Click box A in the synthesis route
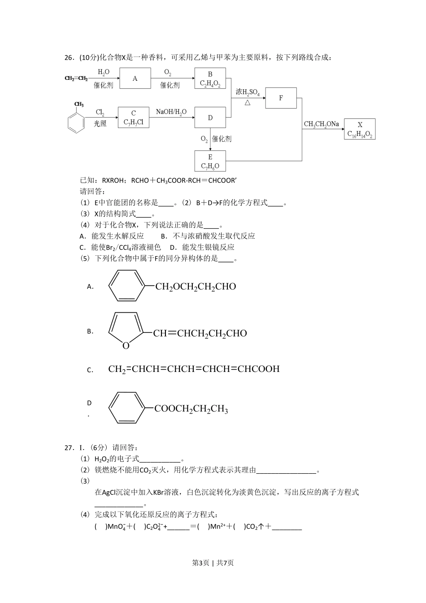tap(135, 79)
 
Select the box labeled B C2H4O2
tap(210, 79)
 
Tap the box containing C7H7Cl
tap(134, 118)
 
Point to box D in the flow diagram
tap(210, 118)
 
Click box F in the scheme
tap(281, 98)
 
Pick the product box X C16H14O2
tap(360, 129)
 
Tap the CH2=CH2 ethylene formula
tap(76, 79)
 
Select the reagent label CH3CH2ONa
tap(321, 124)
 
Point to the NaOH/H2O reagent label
tap(171, 112)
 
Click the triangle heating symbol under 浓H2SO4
tap(247, 103)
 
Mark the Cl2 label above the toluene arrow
tap(100, 113)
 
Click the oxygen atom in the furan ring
tap(126, 345)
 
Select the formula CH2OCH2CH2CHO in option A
tap(196, 287)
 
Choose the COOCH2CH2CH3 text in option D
tap(191, 409)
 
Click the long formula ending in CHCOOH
tap(194, 369)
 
